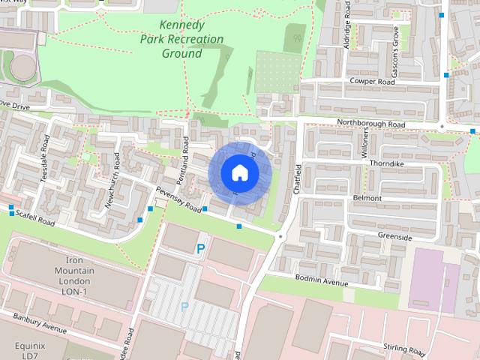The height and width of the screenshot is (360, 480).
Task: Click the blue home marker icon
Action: [x=240, y=172]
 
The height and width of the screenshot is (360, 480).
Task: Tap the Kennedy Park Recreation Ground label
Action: [x=181, y=39]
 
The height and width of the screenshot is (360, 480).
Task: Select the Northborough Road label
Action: [x=370, y=124]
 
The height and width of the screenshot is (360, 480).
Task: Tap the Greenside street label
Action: [x=394, y=237]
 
